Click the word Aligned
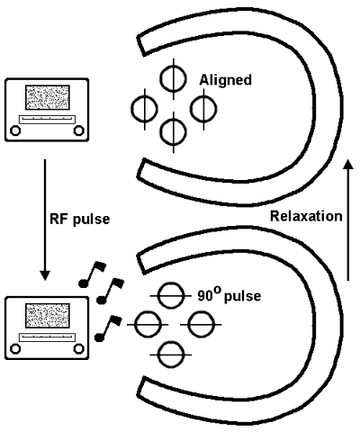[x=226, y=80]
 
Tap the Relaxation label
[x=306, y=216]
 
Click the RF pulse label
[x=80, y=220]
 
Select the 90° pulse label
[x=229, y=295]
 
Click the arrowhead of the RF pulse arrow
[x=45, y=275]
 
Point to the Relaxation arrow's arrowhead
[x=348, y=165]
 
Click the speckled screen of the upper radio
[x=48, y=97]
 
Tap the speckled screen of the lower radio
[x=48, y=316]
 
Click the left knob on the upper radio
[x=15, y=130]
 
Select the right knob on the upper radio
[x=78, y=130]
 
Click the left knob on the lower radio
[x=15, y=349]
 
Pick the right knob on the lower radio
[x=78, y=349]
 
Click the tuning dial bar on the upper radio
[x=47, y=120]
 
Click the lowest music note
[x=108, y=328]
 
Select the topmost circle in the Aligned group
[x=173, y=78]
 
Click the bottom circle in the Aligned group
[x=173, y=132]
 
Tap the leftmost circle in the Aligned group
[x=145, y=109]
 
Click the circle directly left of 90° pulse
[x=171, y=296]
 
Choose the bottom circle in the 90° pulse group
[x=171, y=355]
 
